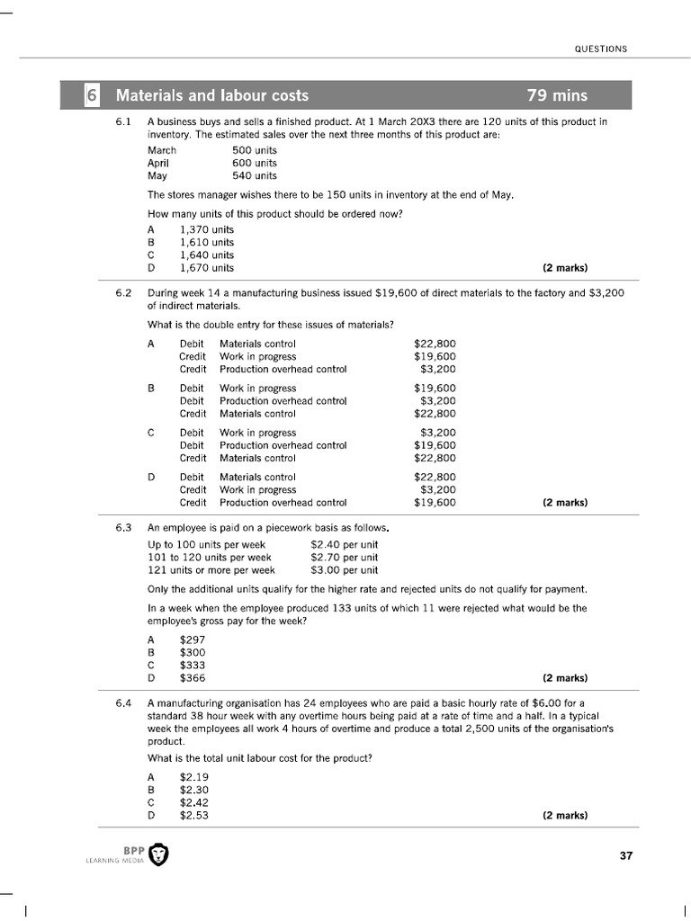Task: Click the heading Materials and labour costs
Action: tap(212, 95)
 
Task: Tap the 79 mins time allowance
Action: tap(558, 95)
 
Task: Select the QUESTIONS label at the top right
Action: tap(601, 49)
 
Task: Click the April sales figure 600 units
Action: tap(255, 164)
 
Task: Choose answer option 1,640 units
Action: tap(207, 255)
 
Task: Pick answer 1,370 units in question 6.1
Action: tap(207, 229)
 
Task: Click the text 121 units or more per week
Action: tap(211, 570)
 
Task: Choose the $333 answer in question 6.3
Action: tap(193, 666)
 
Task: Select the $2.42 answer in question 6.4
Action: tap(194, 803)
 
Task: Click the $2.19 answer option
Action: tap(194, 777)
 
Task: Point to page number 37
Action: tap(626, 855)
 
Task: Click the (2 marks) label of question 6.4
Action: tap(565, 816)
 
